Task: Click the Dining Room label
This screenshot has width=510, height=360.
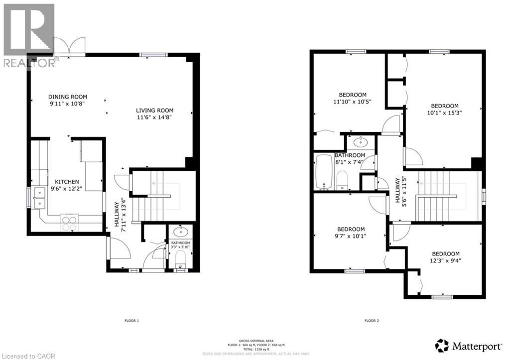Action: click(68, 97)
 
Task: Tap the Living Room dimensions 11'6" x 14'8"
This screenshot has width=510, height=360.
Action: click(155, 118)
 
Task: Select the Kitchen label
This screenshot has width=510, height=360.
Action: click(67, 182)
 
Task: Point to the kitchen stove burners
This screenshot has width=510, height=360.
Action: click(69, 223)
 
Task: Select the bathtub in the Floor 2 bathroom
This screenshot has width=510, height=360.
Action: click(324, 172)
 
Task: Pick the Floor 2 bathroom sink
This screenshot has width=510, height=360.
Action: click(361, 142)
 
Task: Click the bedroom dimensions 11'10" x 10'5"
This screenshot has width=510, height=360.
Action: click(353, 102)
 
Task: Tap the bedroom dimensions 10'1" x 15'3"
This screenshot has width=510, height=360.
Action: click(444, 113)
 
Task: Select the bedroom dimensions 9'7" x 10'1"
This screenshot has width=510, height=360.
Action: click(351, 236)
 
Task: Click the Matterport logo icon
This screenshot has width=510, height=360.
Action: click(441, 345)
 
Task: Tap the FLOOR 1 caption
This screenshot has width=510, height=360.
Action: click(131, 321)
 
